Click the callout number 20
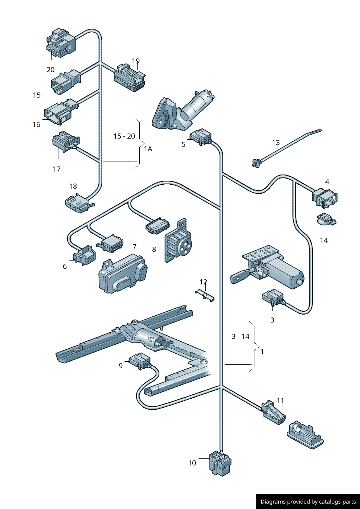tap(50, 70)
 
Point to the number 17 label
tap(57, 169)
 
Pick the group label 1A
tap(148, 149)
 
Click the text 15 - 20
tap(124, 136)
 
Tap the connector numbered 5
tap(201, 137)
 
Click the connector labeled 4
tap(324, 198)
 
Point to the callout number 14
tap(324, 240)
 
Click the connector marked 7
tap(111, 243)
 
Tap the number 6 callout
tap(65, 266)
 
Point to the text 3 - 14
tap(241, 336)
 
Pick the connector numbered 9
tap(140, 360)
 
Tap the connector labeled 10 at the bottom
tap(220, 463)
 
